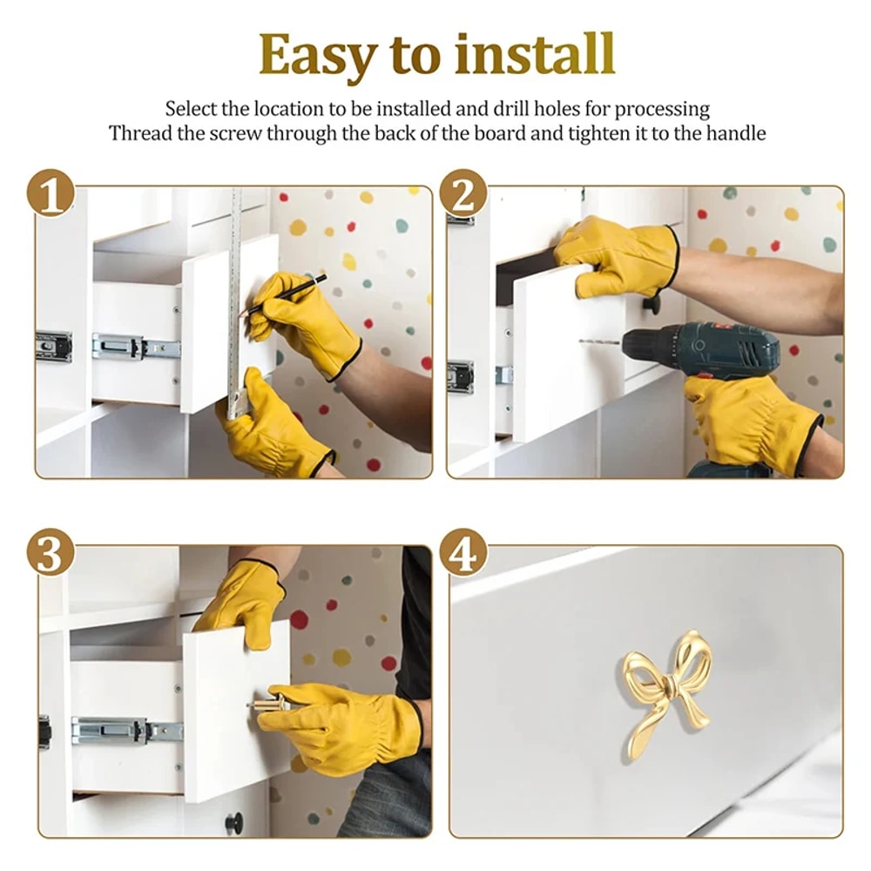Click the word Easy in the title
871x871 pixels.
pyautogui.click(x=318, y=57)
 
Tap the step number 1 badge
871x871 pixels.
pyautogui.click(x=51, y=192)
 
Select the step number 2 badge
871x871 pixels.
pyautogui.click(x=463, y=192)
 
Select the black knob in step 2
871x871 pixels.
pyautogui.click(x=652, y=303)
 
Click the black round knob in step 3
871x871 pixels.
pyautogui.click(x=233, y=821)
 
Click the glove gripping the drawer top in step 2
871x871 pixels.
pyautogui.click(x=620, y=254)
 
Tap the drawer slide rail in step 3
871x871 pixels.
pyautogui.click(x=126, y=729)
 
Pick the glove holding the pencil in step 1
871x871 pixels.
pyautogui.click(x=300, y=322)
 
